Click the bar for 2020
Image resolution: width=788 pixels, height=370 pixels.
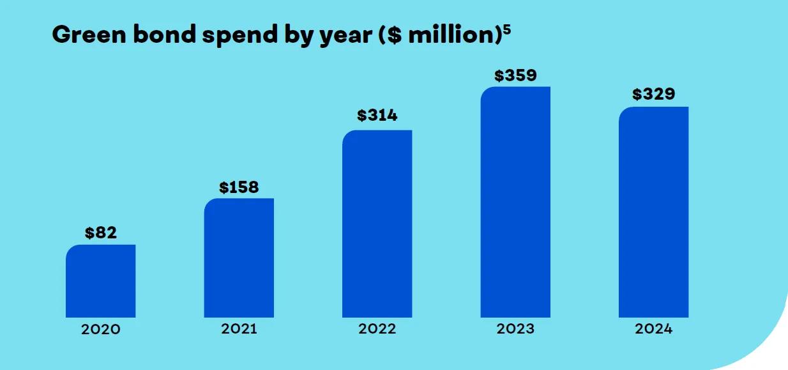[x=100, y=281]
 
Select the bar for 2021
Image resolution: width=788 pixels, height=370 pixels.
[x=239, y=258]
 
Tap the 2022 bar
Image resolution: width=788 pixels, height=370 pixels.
[x=377, y=224]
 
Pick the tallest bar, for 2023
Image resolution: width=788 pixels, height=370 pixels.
[x=515, y=202]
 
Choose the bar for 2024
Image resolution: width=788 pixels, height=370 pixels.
[x=653, y=212]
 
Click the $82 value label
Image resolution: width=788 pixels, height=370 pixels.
[x=101, y=233]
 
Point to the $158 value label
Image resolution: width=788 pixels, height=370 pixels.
[x=239, y=187]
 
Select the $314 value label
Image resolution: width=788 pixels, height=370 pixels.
[x=377, y=116]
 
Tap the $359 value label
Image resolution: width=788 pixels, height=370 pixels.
[x=515, y=75]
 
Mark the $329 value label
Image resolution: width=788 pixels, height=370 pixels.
[x=653, y=95]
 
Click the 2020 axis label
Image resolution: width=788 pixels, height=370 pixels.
[x=101, y=330]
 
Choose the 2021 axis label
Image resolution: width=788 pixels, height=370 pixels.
[x=239, y=329]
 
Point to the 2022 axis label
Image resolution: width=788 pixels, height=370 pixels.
[x=377, y=329]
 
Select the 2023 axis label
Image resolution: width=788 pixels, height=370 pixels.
[x=515, y=329]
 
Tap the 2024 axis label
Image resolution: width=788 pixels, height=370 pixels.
[x=653, y=329]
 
